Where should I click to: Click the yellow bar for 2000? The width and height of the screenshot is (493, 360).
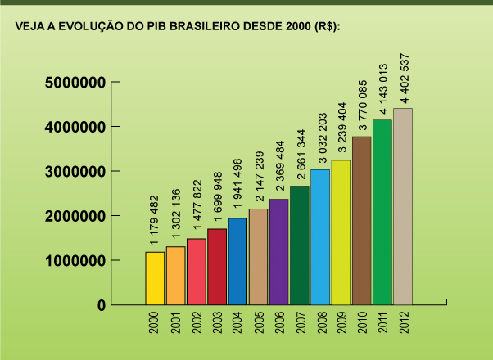[155, 278]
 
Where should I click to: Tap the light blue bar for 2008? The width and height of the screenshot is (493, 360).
[320, 236]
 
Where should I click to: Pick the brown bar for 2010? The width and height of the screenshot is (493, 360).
[361, 220]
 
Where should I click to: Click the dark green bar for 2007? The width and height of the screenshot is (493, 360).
[300, 245]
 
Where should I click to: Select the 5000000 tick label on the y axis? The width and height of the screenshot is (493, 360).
[75, 83]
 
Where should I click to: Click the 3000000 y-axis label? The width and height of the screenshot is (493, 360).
[75, 172]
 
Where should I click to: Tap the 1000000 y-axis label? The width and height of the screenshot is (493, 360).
[75, 261]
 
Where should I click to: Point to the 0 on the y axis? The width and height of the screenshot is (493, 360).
[101, 305]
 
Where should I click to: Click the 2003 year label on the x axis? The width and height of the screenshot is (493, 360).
[217, 322]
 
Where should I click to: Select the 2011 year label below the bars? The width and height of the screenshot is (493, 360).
[382, 322]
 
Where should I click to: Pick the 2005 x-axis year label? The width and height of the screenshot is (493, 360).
[258, 322]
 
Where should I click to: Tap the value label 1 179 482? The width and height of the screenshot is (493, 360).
[154, 222]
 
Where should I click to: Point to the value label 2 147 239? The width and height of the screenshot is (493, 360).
[258, 178]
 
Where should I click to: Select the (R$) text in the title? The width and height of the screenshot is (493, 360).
[324, 27]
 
